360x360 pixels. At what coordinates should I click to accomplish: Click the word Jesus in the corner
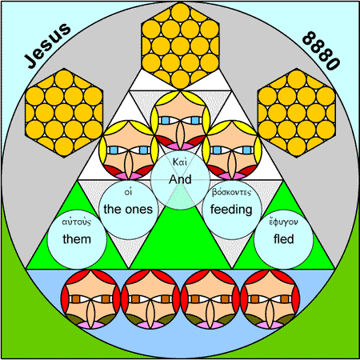pyautogui.click(x=47, y=46)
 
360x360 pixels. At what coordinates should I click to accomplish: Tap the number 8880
pyautogui.click(x=321, y=50)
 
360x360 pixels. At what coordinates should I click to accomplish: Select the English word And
pyautogui.click(x=180, y=179)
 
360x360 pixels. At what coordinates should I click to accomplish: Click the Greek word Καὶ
pyautogui.click(x=180, y=162)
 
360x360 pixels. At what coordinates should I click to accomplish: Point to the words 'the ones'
pyautogui.click(x=128, y=210)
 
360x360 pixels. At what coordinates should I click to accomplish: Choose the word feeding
pyautogui.click(x=231, y=210)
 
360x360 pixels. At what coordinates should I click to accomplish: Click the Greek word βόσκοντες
pyautogui.click(x=231, y=192)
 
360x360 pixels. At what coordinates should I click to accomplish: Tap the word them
pyautogui.click(x=77, y=239)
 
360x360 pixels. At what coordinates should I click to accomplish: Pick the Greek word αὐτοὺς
pyautogui.click(x=77, y=222)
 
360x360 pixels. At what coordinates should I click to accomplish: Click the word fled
pyautogui.click(x=284, y=239)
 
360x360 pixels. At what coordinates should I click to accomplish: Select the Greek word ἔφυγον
pyautogui.click(x=283, y=222)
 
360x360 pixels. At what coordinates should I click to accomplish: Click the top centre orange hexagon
pyautogui.click(x=180, y=46)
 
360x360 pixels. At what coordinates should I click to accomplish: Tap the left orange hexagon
pyautogui.click(x=64, y=113)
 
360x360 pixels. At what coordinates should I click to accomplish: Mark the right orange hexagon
pyautogui.click(x=297, y=113)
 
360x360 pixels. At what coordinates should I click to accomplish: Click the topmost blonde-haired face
pyautogui.click(x=180, y=120)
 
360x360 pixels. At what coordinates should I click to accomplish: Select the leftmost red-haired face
pyautogui.click(x=90, y=299)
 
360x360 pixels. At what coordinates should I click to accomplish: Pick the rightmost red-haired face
pyautogui.click(x=270, y=299)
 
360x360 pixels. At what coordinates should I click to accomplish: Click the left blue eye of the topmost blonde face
pyautogui.click(x=166, y=121)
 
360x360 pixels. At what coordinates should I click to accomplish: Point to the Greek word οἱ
pyautogui.click(x=128, y=192)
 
